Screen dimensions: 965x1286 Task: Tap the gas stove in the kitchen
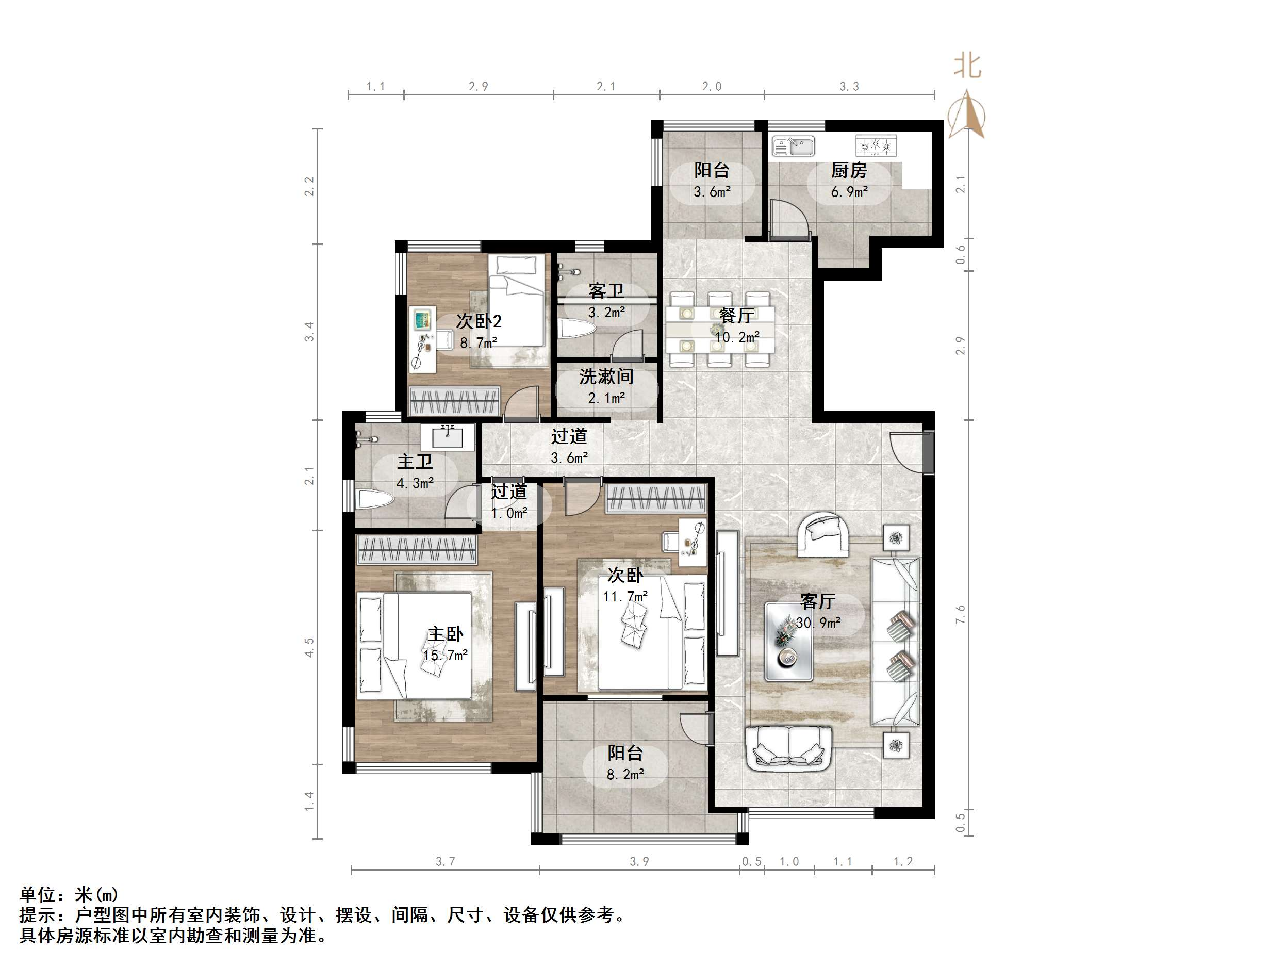click(876, 145)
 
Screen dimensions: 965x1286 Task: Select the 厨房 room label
click(849, 170)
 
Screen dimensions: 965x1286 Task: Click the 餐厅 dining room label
click(737, 315)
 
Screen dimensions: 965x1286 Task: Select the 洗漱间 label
click(606, 377)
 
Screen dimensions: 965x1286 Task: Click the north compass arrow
click(966, 114)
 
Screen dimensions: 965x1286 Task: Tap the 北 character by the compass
click(967, 66)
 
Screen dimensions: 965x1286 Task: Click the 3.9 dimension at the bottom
click(639, 861)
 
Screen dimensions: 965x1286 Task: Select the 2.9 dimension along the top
click(478, 86)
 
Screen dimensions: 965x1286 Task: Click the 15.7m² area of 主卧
click(446, 656)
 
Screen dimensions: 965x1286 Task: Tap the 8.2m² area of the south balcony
click(625, 774)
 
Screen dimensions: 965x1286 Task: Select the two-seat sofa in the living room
click(788, 747)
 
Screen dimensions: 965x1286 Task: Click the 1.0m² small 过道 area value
click(509, 513)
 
